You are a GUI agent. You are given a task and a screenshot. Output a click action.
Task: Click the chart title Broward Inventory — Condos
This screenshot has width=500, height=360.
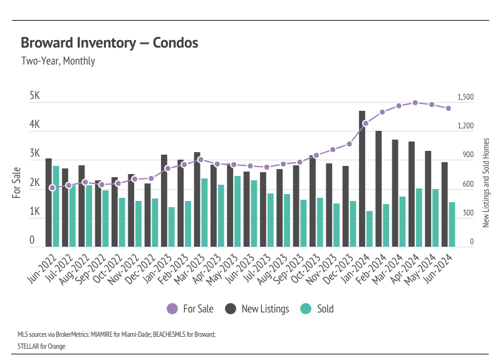click(x=110, y=43)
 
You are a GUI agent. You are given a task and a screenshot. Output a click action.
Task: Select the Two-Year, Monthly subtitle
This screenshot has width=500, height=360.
click(x=58, y=61)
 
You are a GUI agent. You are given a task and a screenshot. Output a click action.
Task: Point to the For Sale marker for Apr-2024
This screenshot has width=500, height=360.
click(x=415, y=103)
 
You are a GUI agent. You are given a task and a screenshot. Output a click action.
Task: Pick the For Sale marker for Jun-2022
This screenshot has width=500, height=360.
click(x=52, y=188)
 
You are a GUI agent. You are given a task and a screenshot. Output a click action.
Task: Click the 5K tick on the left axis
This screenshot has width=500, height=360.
click(x=35, y=97)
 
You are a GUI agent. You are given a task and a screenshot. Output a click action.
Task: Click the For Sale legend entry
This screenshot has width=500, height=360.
click(x=190, y=309)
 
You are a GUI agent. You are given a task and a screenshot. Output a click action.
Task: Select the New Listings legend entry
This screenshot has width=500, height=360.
click(x=257, y=309)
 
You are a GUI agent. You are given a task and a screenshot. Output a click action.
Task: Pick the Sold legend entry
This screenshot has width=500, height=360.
click(x=317, y=309)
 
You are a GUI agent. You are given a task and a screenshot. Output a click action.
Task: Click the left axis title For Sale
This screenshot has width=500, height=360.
click(x=17, y=182)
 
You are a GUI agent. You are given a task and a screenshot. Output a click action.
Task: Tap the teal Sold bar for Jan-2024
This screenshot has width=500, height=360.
click(x=370, y=229)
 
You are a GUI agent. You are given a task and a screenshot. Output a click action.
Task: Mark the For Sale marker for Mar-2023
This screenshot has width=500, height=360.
click(x=201, y=160)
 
